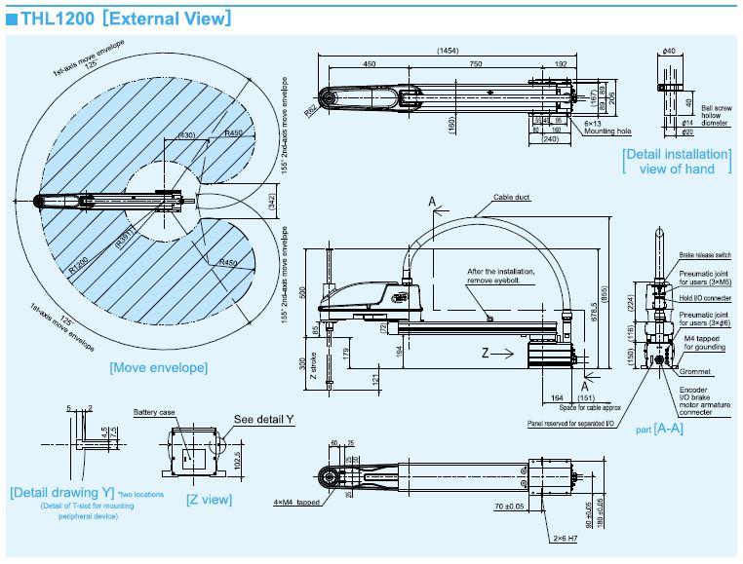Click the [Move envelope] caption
[x=158, y=367]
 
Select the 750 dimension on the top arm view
[x=475, y=64]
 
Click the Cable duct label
[x=512, y=196]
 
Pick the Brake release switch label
[x=702, y=253]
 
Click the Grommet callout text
[x=692, y=372]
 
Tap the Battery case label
[x=151, y=412]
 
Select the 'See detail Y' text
[x=263, y=419]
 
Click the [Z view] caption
[x=209, y=499]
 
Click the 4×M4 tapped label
[x=296, y=503]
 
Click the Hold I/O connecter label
[x=704, y=298]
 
